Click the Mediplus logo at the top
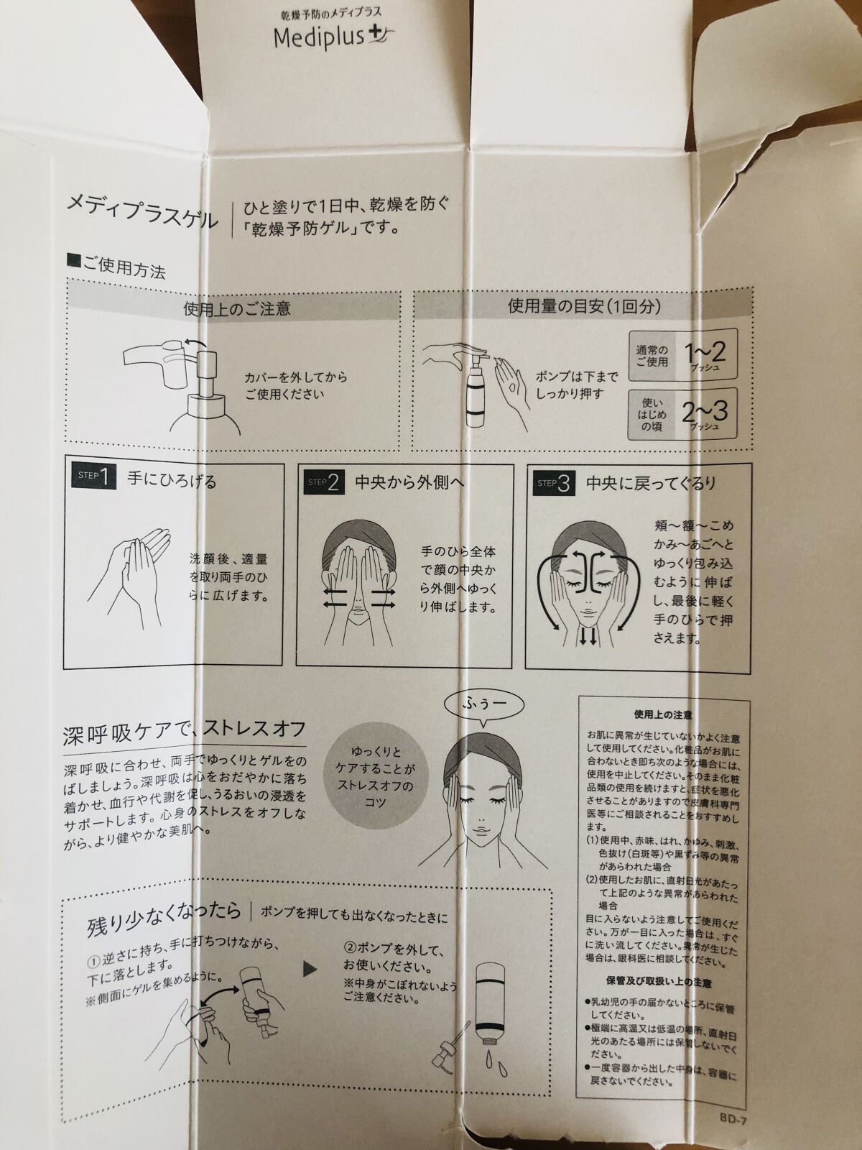(334, 37)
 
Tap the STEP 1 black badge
(94, 477)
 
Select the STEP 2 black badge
(325, 482)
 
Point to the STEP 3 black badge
(555, 483)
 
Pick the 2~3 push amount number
(704, 413)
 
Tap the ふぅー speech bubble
(483, 704)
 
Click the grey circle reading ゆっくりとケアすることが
(376, 777)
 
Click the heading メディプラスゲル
(142, 212)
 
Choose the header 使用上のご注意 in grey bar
(237, 308)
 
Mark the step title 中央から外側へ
(409, 482)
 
